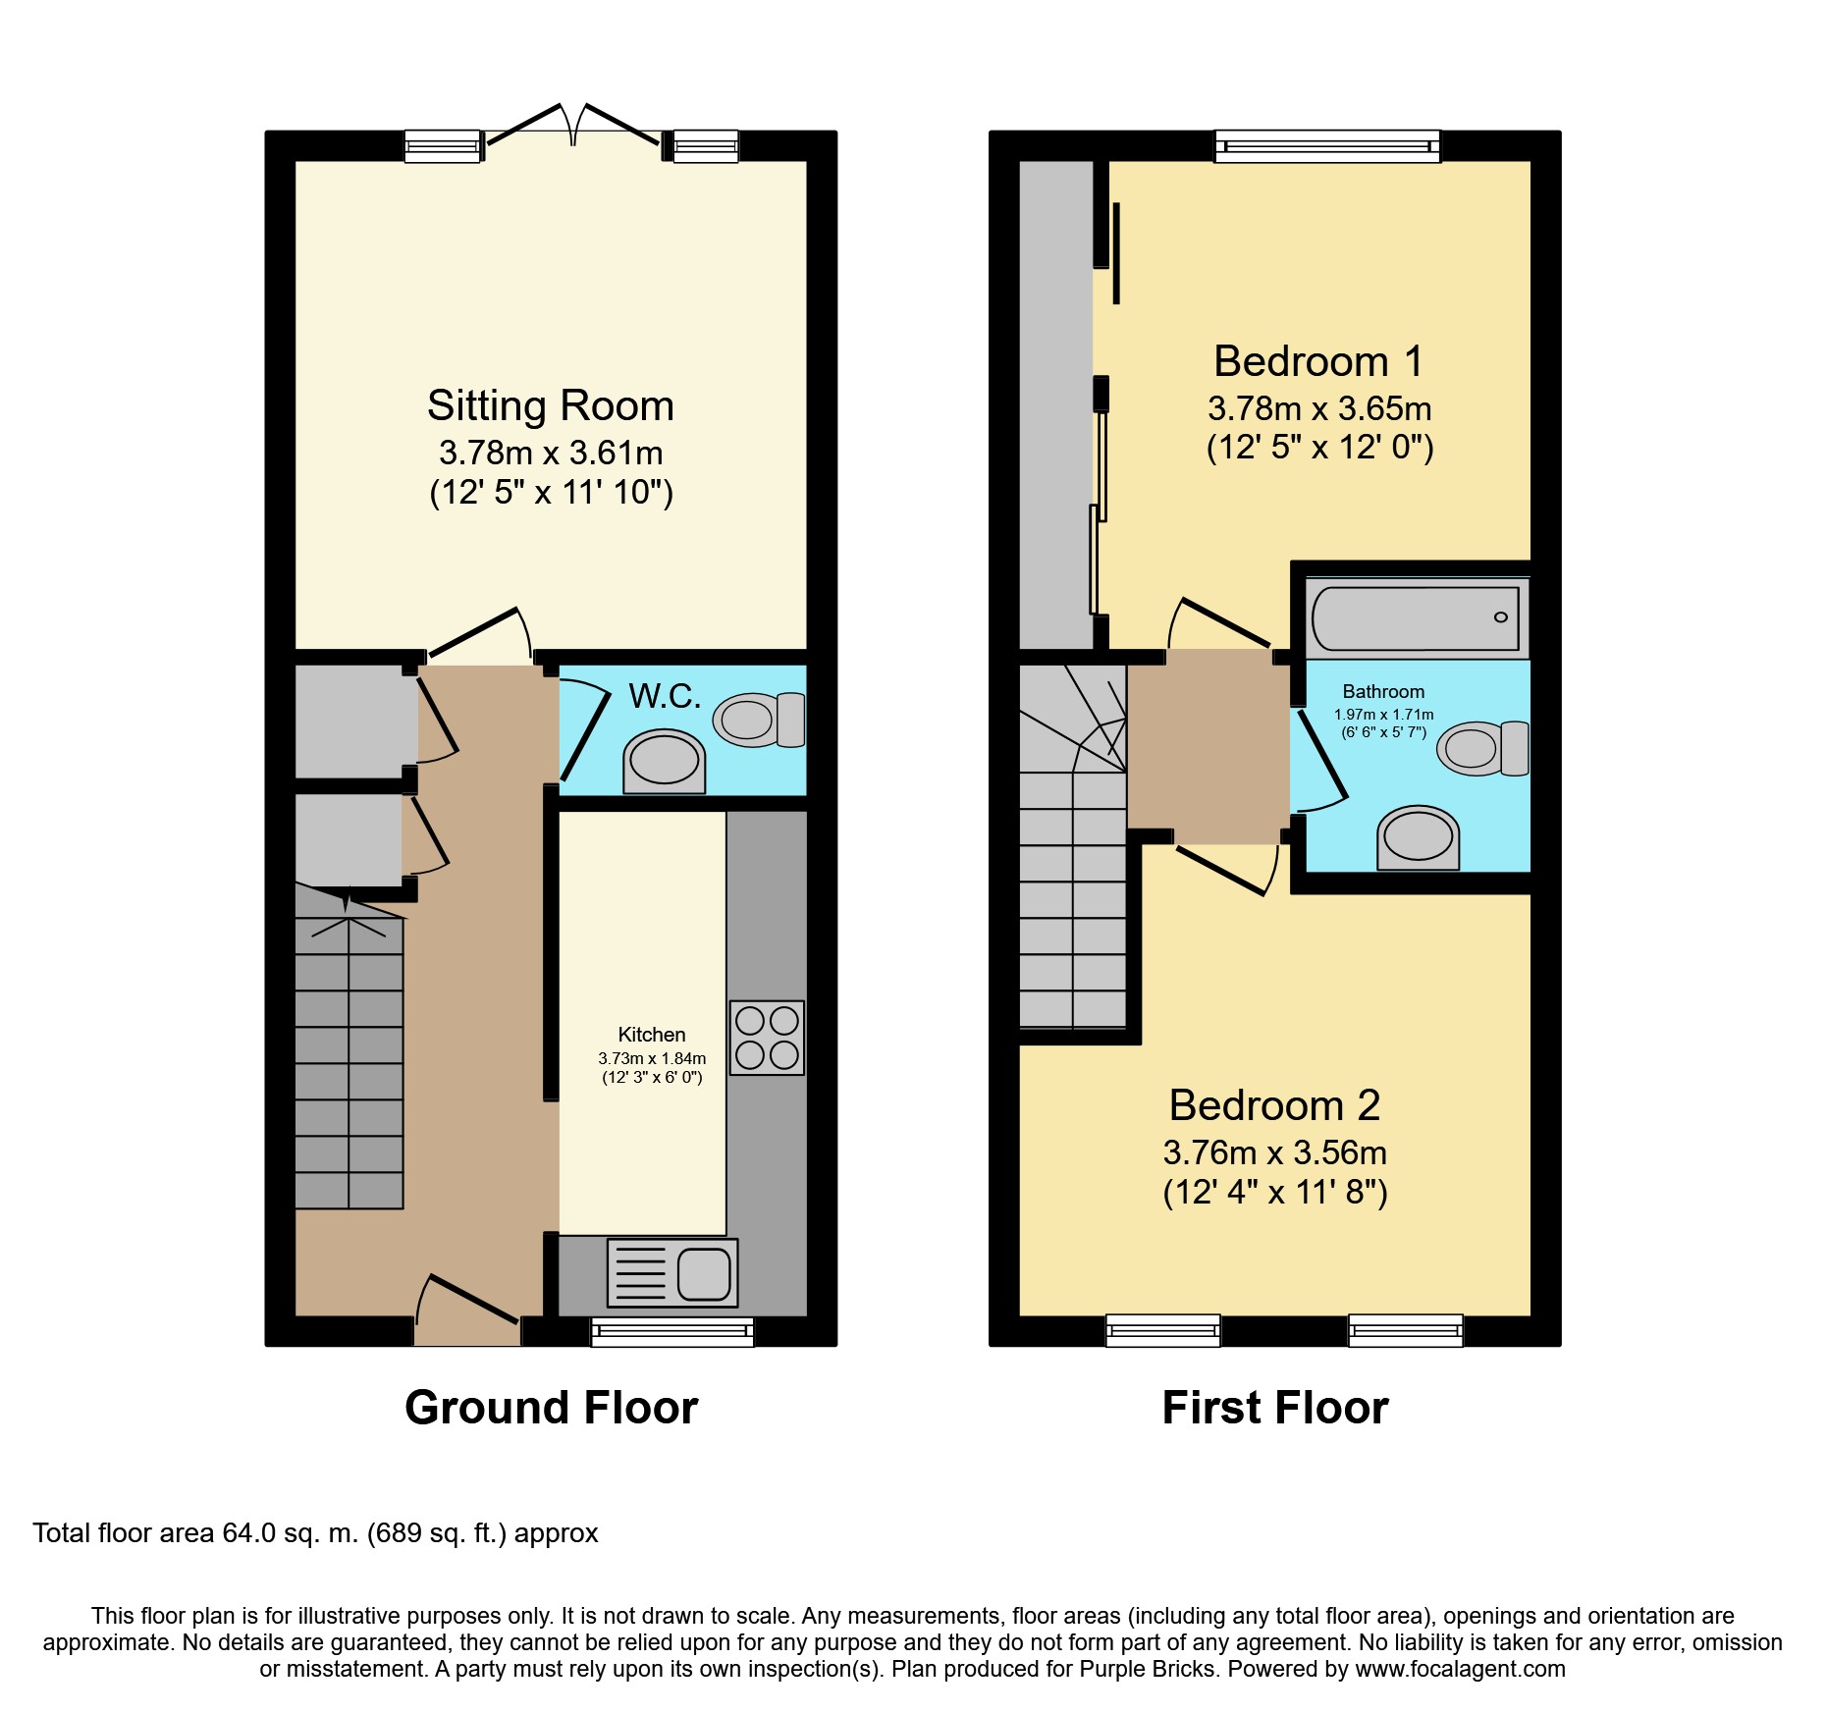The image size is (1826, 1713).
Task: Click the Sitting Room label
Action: [x=551, y=405]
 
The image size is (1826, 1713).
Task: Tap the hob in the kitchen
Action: [x=767, y=1038]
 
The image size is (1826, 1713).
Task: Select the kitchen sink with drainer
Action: [x=672, y=1273]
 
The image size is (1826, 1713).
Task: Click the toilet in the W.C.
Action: [x=759, y=720]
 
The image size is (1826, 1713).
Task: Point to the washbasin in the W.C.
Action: [x=665, y=762]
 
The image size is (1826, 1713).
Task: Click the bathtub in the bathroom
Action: [x=1417, y=617]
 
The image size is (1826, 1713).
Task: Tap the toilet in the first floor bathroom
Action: [x=1482, y=748]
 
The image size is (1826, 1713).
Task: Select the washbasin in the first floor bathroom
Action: [x=1418, y=838]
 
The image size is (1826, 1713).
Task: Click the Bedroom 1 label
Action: [x=1318, y=361]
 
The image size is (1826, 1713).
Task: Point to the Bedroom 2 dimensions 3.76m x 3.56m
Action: [x=1275, y=1152]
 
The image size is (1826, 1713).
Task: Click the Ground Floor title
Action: [x=551, y=1408]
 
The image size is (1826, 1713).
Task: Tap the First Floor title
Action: [x=1275, y=1408]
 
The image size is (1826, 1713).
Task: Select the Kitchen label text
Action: [x=652, y=1035]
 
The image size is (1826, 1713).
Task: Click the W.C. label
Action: [x=665, y=696]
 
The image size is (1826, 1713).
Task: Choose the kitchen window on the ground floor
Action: [x=672, y=1331]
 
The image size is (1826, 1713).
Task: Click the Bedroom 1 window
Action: [x=1327, y=146]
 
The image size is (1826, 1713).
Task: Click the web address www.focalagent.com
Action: [x=1461, y=1669]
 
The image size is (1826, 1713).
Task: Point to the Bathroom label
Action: [x=1383, y=692]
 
